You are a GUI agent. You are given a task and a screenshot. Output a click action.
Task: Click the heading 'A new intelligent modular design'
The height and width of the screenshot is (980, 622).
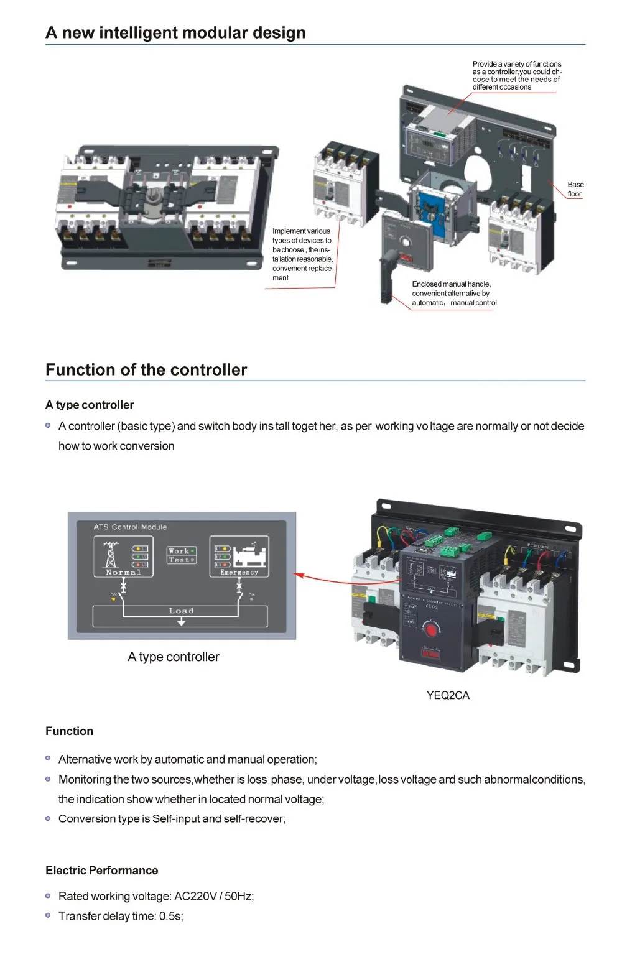pos(175,33)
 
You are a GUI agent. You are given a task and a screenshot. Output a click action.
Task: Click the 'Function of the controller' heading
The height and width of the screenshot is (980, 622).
pos(146,370)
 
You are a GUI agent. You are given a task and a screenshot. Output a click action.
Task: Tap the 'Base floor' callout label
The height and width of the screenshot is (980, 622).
pos(575,189)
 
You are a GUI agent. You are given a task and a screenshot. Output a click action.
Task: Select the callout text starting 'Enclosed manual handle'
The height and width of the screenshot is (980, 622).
pos(453,293)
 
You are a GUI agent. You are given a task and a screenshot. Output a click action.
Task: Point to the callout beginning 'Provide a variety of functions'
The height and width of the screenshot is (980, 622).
pos(516,75)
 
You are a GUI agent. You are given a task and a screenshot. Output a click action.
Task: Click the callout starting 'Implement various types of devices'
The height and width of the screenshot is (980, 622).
pos(302,254)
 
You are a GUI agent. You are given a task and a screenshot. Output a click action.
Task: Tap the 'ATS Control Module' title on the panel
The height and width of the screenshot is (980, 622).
pos(130,527)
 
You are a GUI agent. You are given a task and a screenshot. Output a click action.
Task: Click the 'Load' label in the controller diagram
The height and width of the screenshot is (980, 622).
pos(181,611)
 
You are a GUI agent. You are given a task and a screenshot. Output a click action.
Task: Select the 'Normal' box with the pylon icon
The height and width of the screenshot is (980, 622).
pos(123,557)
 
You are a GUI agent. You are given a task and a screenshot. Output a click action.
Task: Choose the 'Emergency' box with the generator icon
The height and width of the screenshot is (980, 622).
pos(239,557)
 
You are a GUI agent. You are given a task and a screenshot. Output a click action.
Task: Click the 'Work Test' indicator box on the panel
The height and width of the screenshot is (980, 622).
pos(181,555)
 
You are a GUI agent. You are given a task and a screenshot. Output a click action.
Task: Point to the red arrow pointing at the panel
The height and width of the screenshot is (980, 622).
pos(323,578)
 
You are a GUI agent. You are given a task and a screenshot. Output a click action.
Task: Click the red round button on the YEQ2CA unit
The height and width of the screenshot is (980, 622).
pos(430,630)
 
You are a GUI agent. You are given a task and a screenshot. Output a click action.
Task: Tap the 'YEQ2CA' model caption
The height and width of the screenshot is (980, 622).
pos(448,695)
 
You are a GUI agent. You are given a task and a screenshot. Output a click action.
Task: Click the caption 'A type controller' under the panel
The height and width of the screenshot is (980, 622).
pos(173,657)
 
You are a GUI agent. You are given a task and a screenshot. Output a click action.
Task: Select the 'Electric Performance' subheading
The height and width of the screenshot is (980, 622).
pos(101,871)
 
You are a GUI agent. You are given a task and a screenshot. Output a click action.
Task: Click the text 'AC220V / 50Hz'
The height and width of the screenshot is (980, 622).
pos(213,896)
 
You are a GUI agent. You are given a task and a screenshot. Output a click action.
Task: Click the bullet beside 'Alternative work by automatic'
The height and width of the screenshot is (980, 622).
pos(48,759)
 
